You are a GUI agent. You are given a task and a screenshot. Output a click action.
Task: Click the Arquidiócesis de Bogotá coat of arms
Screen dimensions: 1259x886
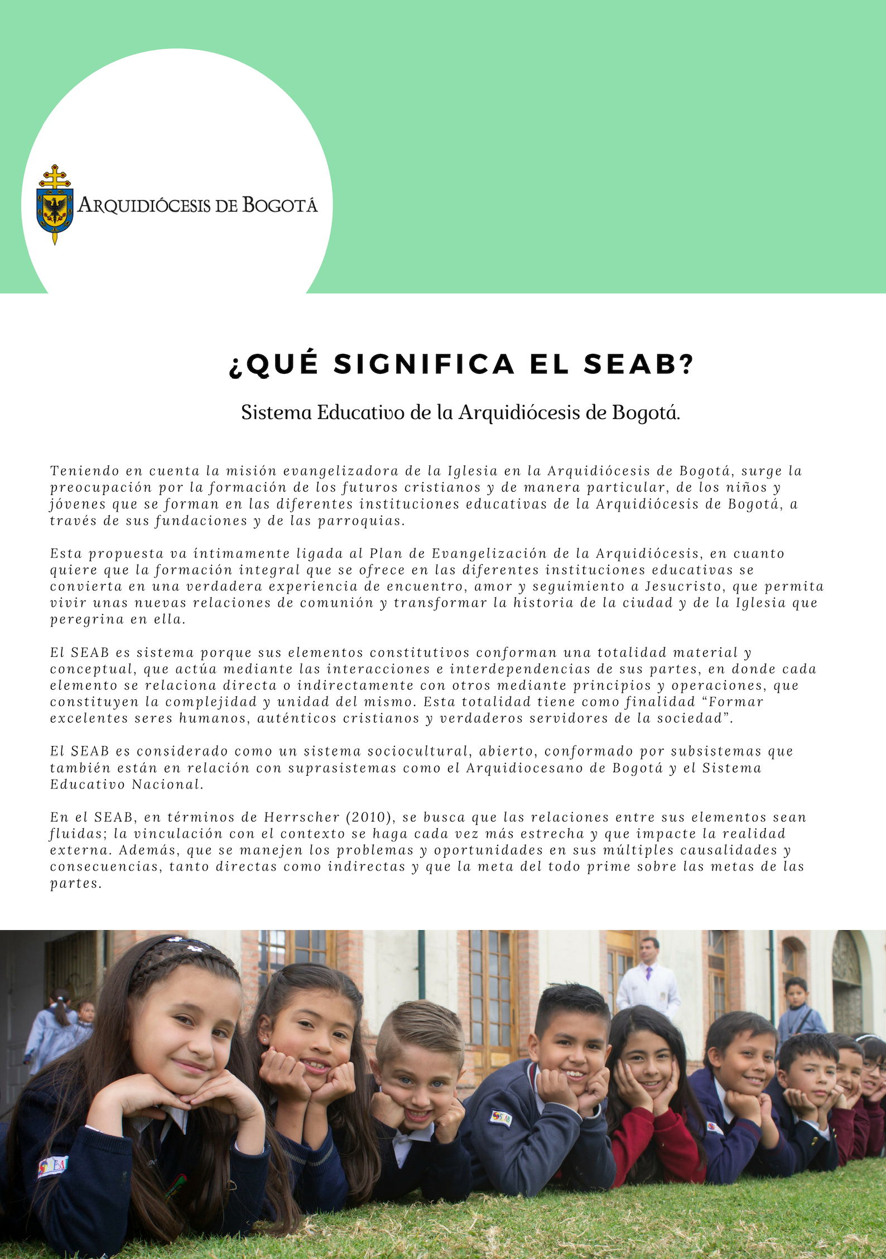point(54,204)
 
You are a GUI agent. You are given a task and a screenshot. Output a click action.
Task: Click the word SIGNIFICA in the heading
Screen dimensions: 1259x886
point(424,364)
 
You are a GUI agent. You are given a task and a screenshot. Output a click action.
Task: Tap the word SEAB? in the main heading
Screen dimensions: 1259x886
point(638,364)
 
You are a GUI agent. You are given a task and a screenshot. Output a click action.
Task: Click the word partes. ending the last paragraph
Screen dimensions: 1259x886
point(76,883)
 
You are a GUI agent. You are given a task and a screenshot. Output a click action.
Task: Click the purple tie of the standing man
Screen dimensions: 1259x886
point(648,974)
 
